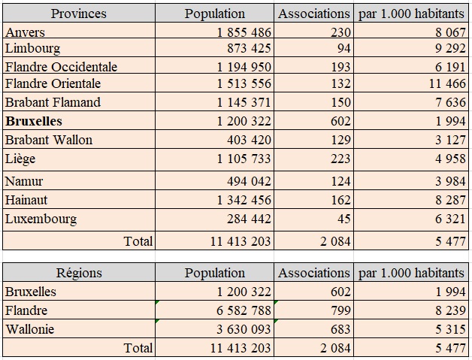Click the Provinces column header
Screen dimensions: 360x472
tap(78, 14)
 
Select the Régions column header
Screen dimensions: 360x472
tap(78, 273)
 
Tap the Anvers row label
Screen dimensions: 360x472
tap(25, 32)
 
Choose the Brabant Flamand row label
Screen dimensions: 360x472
tap(53, 102)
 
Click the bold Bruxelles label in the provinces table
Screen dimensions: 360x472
tap(33, 121)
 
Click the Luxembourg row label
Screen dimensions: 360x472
tap(41, 219)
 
